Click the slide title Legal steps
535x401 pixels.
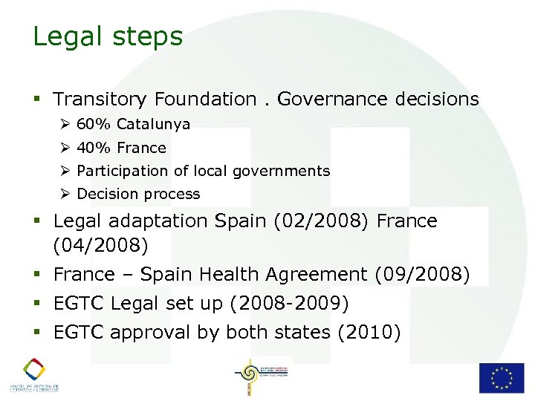pos(108,36)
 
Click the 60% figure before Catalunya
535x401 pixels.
pos(94,124)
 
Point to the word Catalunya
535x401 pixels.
pos(153,124)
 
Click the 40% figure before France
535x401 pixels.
pos(94,148)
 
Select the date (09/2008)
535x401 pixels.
pos(423,275)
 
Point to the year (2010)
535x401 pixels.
pos(369,332)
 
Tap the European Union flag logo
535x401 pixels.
pos(502,377)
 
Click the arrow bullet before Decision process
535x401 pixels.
pos(66,194)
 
